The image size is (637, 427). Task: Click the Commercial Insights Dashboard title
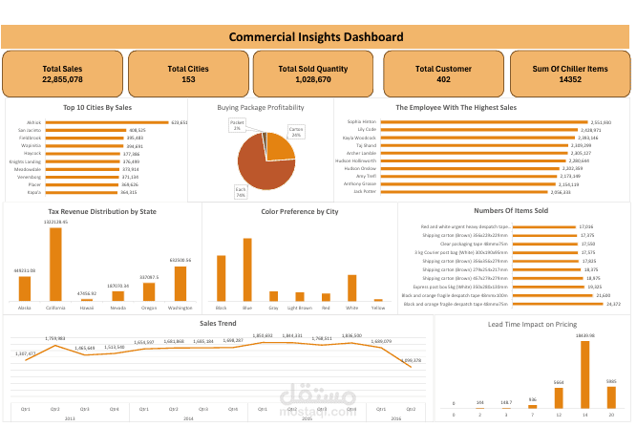[x=318, y=37]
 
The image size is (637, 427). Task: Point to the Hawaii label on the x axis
[x=86, y=309]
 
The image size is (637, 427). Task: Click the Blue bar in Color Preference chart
[x=246, y=269]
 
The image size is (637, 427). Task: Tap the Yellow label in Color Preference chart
[x=377, y=309]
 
